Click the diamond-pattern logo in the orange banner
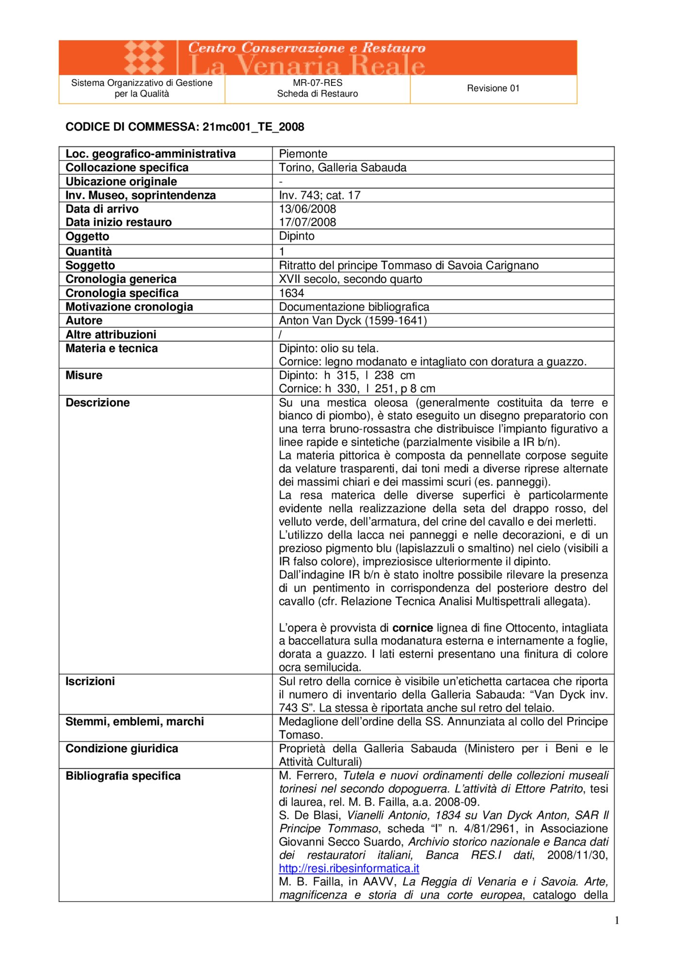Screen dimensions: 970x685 coord(144,57)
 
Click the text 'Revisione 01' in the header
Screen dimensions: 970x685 coord(493,88)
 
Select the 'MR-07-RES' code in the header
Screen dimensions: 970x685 coord(318,83)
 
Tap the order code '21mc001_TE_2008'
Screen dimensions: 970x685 coord(253,127)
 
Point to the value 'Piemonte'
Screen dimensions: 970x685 coord(303,154)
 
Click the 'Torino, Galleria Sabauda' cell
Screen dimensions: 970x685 coord(342,167)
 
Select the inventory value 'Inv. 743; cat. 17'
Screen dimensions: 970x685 coord(319,195)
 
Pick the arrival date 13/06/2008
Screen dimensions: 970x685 coord(307,209)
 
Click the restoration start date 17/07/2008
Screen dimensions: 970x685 coord(307,222)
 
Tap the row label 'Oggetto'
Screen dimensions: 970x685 coord(87,236)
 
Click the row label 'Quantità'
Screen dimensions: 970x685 coord(89,251)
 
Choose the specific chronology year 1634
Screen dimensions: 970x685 coord(291,293)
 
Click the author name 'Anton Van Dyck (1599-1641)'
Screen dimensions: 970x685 coord(352,321)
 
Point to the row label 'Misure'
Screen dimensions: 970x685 coord(84,375)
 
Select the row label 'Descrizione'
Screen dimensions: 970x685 coord(97,403)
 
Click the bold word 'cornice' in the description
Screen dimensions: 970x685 coord(413,628)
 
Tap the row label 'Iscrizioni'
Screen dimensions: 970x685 coord(90,681)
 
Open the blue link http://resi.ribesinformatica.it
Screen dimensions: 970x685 coord(349,868)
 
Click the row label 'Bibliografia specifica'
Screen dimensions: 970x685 coord(123,776)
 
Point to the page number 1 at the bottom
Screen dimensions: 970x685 coord(617,920)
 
